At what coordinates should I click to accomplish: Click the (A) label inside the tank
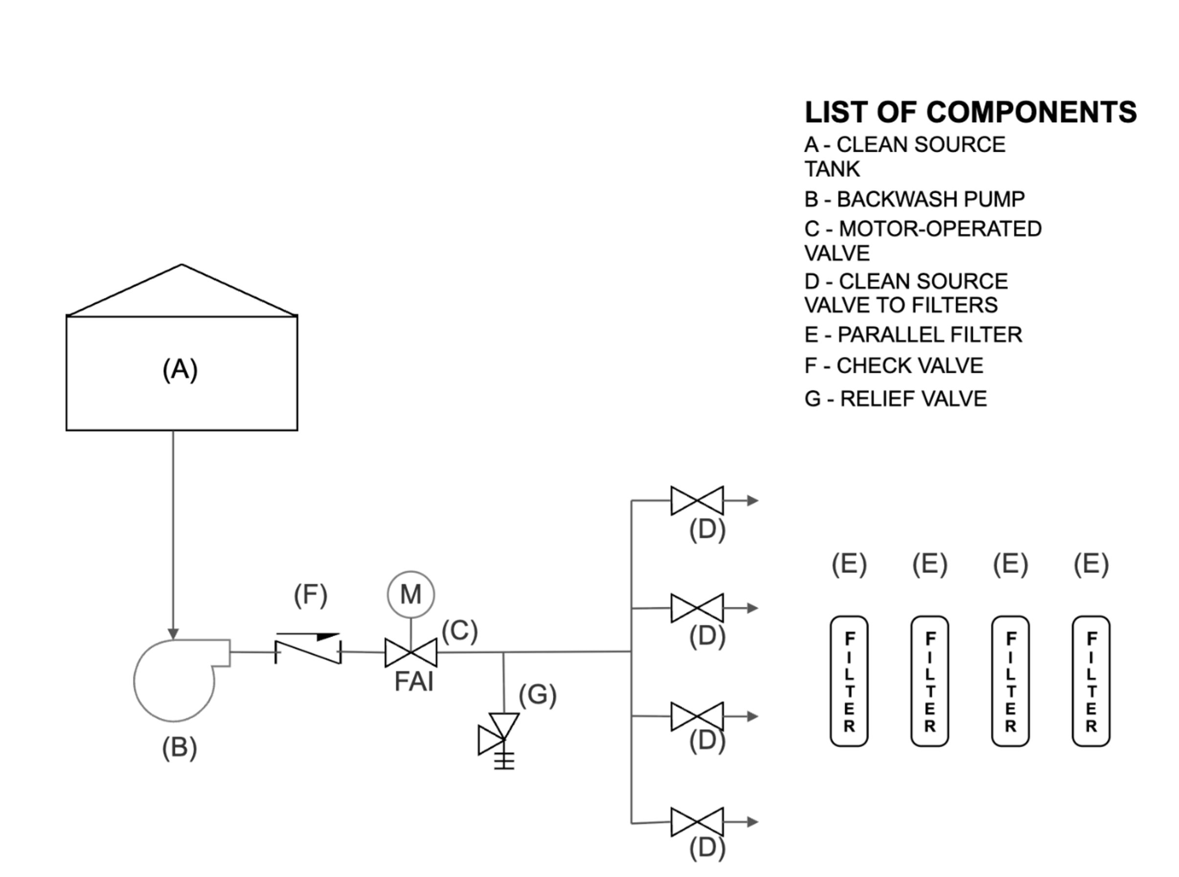click(x=180, y=370)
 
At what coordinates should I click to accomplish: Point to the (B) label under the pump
click(x=180, y=748)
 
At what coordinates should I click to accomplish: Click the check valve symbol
click(x=308, y=648)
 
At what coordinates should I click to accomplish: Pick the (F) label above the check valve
click(x=311, y=595)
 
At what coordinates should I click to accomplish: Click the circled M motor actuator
click(x=411, y=595)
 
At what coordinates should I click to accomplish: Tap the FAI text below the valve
click(x=414, y=682)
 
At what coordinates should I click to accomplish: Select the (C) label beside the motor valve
click(x=460, y=631)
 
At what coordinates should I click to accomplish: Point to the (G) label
click(x=537, y=696)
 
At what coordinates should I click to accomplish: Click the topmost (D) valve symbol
click(x=697, y=500)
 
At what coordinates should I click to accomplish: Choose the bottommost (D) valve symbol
click(x=697, y=822)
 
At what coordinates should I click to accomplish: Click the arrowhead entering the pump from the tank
click(x=173, y=634)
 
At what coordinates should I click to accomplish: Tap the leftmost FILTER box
click(x=849, y=681)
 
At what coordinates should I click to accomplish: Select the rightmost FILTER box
click(x=1091, y=681)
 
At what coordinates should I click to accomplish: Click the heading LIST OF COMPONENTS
click(x=971, y=112)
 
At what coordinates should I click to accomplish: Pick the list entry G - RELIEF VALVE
click(x=896, y=399)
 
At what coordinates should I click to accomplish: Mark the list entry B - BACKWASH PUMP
click(x=914, y=199)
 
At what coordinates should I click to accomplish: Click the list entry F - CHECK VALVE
click(x=894, y=366)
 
